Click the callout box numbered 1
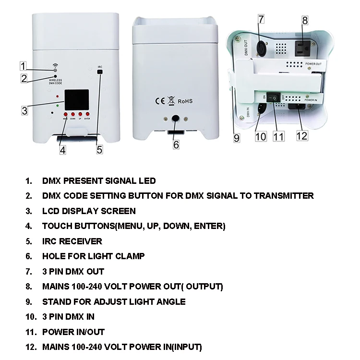pyautogui.click(x=24, y=66)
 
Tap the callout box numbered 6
pyautogui.click(x=176, y=144)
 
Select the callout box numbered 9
pyautogui.click(x=237, y=137)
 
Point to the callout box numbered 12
pyautogui.click(x=301, y=135)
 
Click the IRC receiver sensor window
pyautogui.click(x=100, y=72)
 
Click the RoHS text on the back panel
pyautogui.click(x=185, y=102)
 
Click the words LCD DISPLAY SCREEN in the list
pyautogui.click(x=89, y=211)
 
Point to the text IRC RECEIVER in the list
pyautogui.click(x=72, y=241)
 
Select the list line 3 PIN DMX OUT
pyautogui.click(x=73, y=271)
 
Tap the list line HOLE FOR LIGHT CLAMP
pyautogui.click(x=93, y=256)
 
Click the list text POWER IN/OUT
pyautogui.click(x=73, y=332)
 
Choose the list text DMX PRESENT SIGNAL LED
pyautogui.click(x=99, y=180)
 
